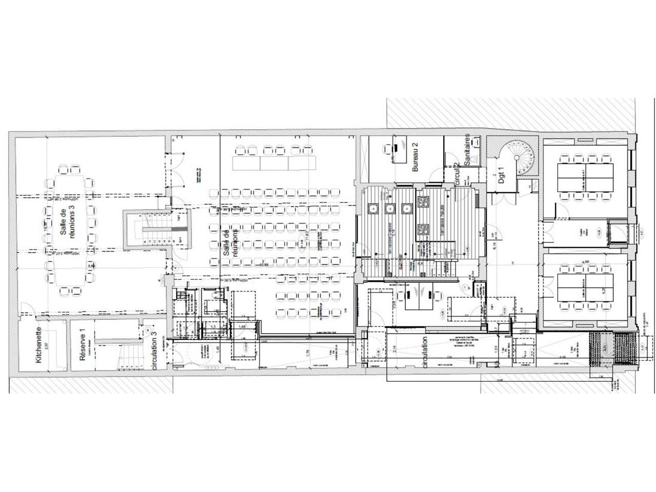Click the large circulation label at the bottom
425,353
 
